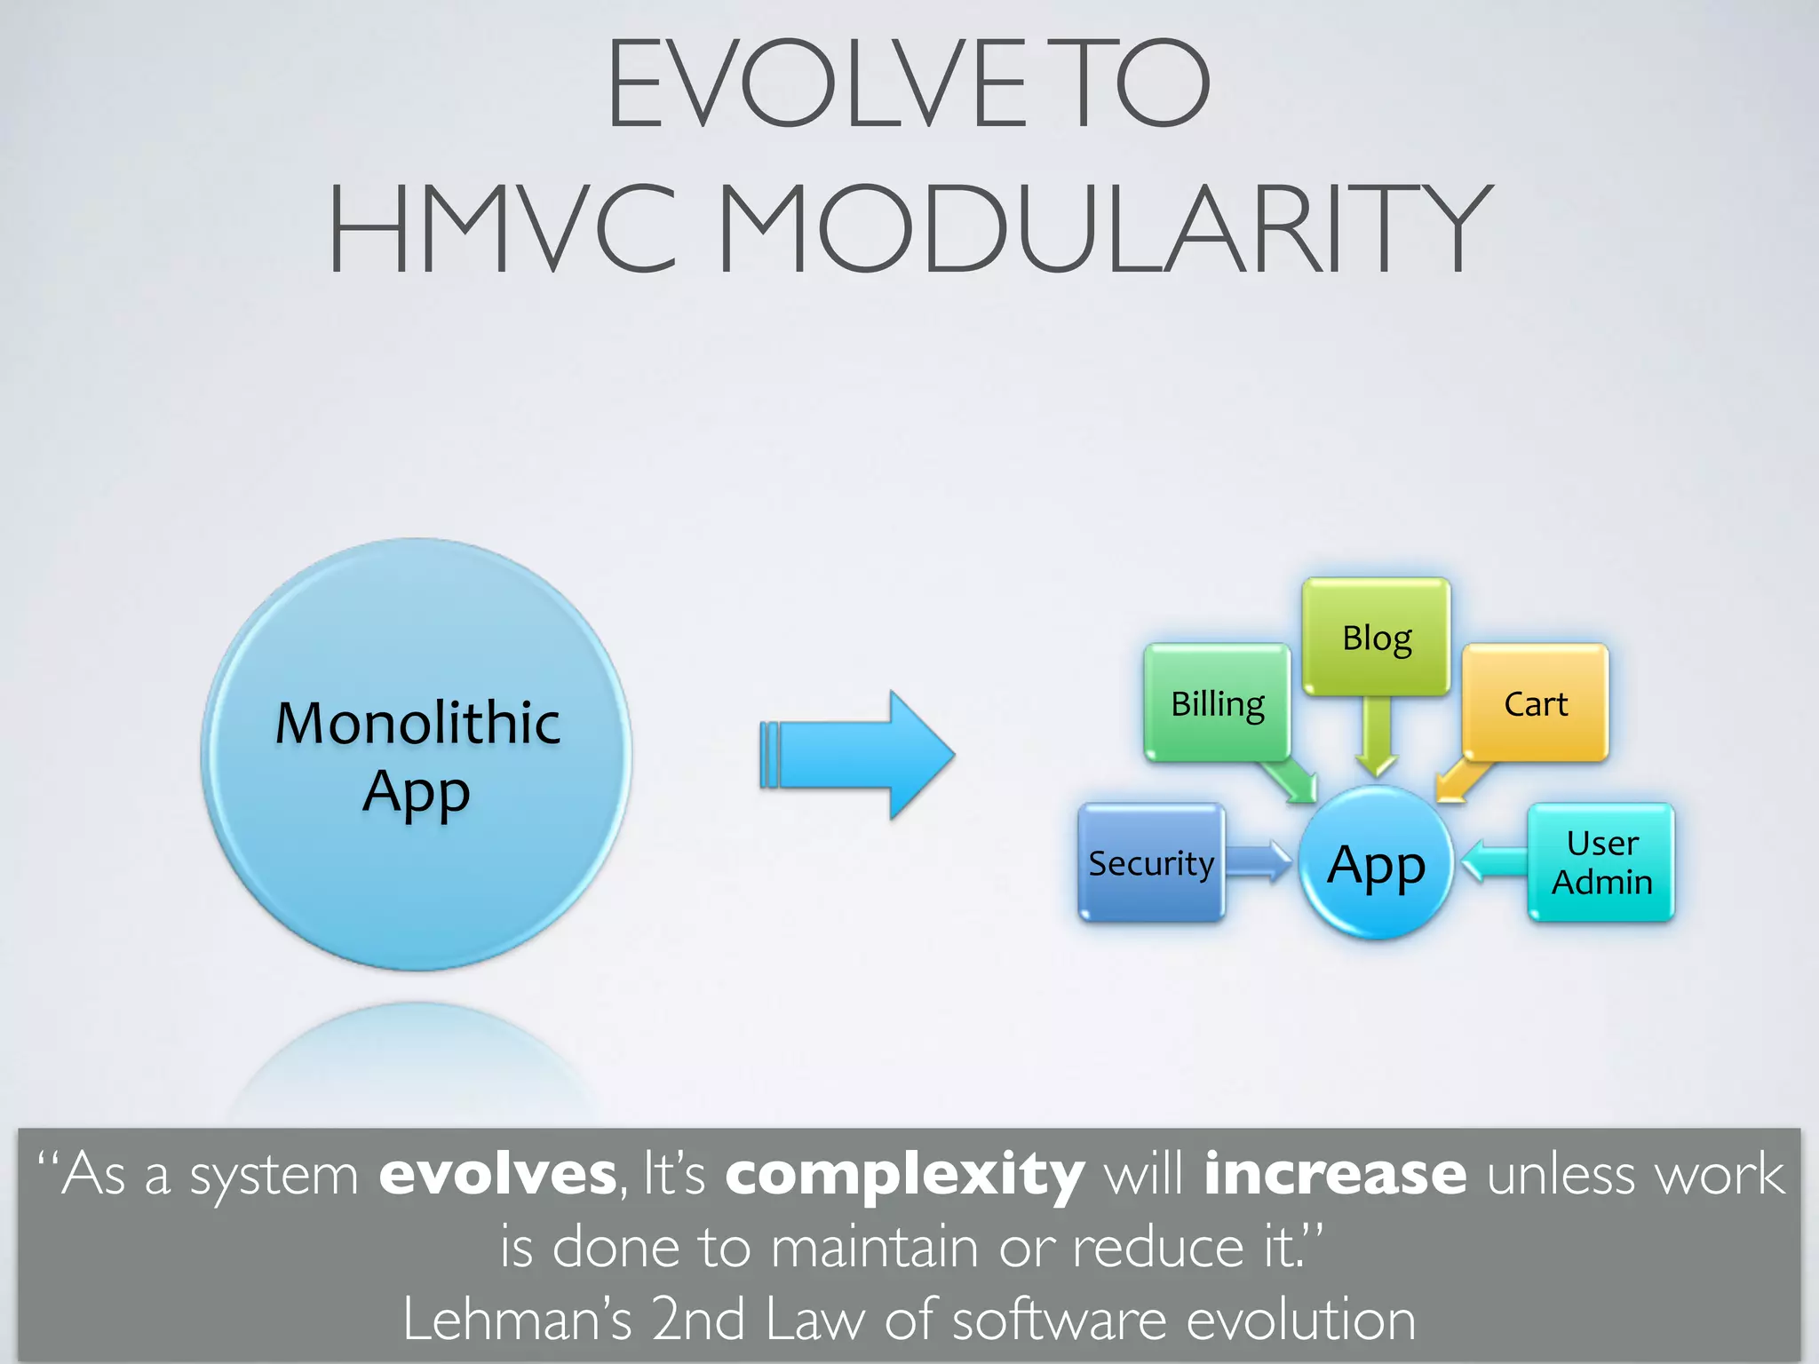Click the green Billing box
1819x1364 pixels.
pyautogui.click(x=1217, y=703)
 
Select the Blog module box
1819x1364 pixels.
pyautogui.click(x=1376, y=637)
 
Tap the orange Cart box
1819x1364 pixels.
pyautogui.click(x=1535, y=703)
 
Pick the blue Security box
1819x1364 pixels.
pyautogui.click(x=1151, y=862)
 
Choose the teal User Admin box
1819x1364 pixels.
pyautogui.click(x=1601, y=862)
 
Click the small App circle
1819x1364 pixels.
pyautogui.click(x=1376, y=864)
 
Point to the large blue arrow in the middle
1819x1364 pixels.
pyautogui.click(x=857, y=755)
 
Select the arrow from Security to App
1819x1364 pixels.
pyautogui.click(x=1259, y=861)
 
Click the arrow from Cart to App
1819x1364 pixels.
pyautogui.click(x=1462, y=780)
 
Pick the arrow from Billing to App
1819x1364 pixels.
pyautogui.click(x=1291, y=780)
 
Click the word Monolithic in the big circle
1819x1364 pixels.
pyautogui.click(x=417, y=723)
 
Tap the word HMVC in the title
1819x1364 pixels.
pyautogui.click(x=503, y=228)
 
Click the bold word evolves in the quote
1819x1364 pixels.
pyautogui.click(x=497, y=1174)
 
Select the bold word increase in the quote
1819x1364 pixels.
pyautogui.click(x=1335, y=1174)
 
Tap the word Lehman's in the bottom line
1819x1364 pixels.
pyautogui.click(x=517, y=1319)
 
